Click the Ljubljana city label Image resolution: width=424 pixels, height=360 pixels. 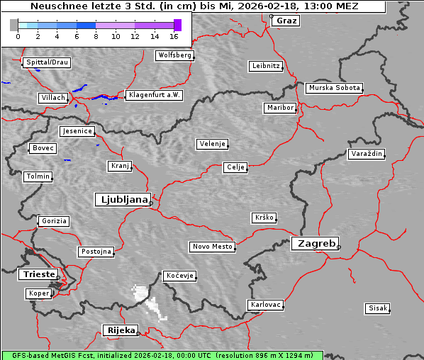(122, 199)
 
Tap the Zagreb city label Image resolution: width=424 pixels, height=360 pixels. (314, 243)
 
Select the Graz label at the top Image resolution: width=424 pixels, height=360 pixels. (286, 21)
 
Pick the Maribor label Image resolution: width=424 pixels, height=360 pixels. (279, 108)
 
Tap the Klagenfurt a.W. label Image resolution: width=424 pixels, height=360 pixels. (154, 95)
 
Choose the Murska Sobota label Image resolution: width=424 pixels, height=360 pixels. (334, 88)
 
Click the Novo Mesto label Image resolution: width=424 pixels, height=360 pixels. (212, 247)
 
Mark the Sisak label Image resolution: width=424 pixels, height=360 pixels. (378, 308)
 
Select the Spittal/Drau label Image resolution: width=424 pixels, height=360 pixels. (47, 62)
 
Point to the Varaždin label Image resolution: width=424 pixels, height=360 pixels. (366, 154)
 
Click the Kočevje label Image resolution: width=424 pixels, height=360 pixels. (179, 275)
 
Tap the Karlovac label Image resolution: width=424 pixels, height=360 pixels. (266, 305)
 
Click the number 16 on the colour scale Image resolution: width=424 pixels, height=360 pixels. (174, 36)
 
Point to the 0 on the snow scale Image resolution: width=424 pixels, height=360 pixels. (18, 36)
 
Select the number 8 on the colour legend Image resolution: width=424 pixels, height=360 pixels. (96, 36)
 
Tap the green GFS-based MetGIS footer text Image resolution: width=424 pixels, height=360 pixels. (162, 355)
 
